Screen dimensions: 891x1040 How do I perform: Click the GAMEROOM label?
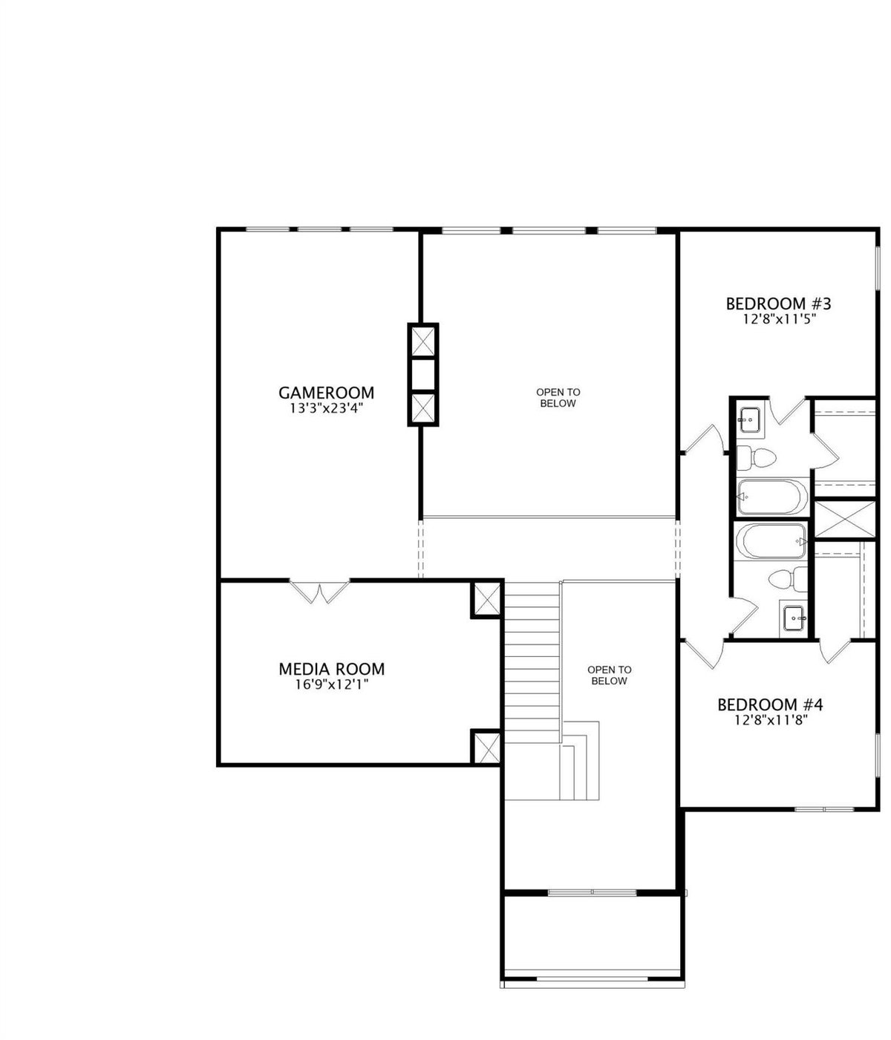tap(326, 392)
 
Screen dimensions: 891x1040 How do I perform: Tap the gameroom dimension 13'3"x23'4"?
tap(326, 408)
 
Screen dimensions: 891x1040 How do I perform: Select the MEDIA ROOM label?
tap(332, 669)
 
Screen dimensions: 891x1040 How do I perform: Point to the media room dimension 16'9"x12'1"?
tap(332, 684)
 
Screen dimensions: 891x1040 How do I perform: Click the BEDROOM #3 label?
tap(778, 304)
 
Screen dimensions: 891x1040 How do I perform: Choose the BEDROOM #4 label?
tap(770, 705)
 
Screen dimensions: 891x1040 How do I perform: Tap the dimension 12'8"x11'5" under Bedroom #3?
tap(779, 319)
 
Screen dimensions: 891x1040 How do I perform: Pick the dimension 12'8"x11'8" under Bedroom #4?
tap(771, 721)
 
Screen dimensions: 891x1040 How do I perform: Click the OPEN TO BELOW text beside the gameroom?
tap(558, 397)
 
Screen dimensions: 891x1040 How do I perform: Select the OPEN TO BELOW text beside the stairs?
tap(609, 676)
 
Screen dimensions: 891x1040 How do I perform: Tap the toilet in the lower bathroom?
tap(788, 579)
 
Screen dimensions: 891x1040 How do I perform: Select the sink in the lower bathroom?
tap(794, 615)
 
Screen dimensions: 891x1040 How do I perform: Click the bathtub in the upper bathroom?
tap(772, 497)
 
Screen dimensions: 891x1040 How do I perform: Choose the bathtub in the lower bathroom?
tap(771, 541)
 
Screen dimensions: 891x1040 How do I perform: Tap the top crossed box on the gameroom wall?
tap(422, 341)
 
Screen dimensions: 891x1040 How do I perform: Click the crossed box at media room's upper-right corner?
tap(487, 599)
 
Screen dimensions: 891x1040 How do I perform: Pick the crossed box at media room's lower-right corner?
tap(487, 748)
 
